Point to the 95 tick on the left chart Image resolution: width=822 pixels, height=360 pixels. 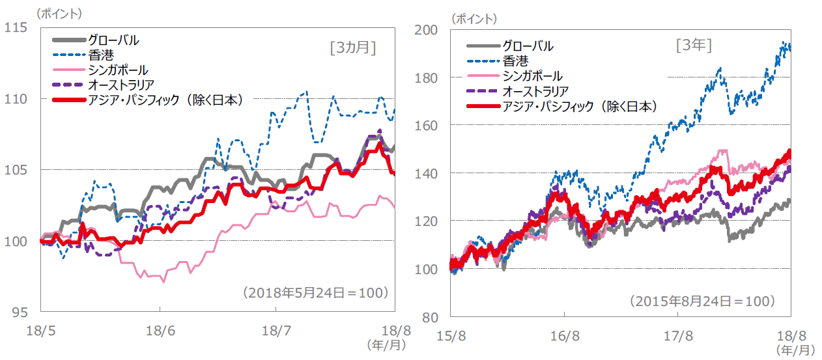point(18,312)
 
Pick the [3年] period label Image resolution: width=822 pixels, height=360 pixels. point(694,46)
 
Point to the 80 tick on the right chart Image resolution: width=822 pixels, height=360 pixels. point(431,317)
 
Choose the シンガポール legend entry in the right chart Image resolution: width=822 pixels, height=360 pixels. point(532,76)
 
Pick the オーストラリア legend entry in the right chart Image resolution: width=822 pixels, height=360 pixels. point(535,91)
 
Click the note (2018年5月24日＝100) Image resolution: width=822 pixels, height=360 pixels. point(316,292)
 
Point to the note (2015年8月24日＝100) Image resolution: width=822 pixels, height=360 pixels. point(702,301)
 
